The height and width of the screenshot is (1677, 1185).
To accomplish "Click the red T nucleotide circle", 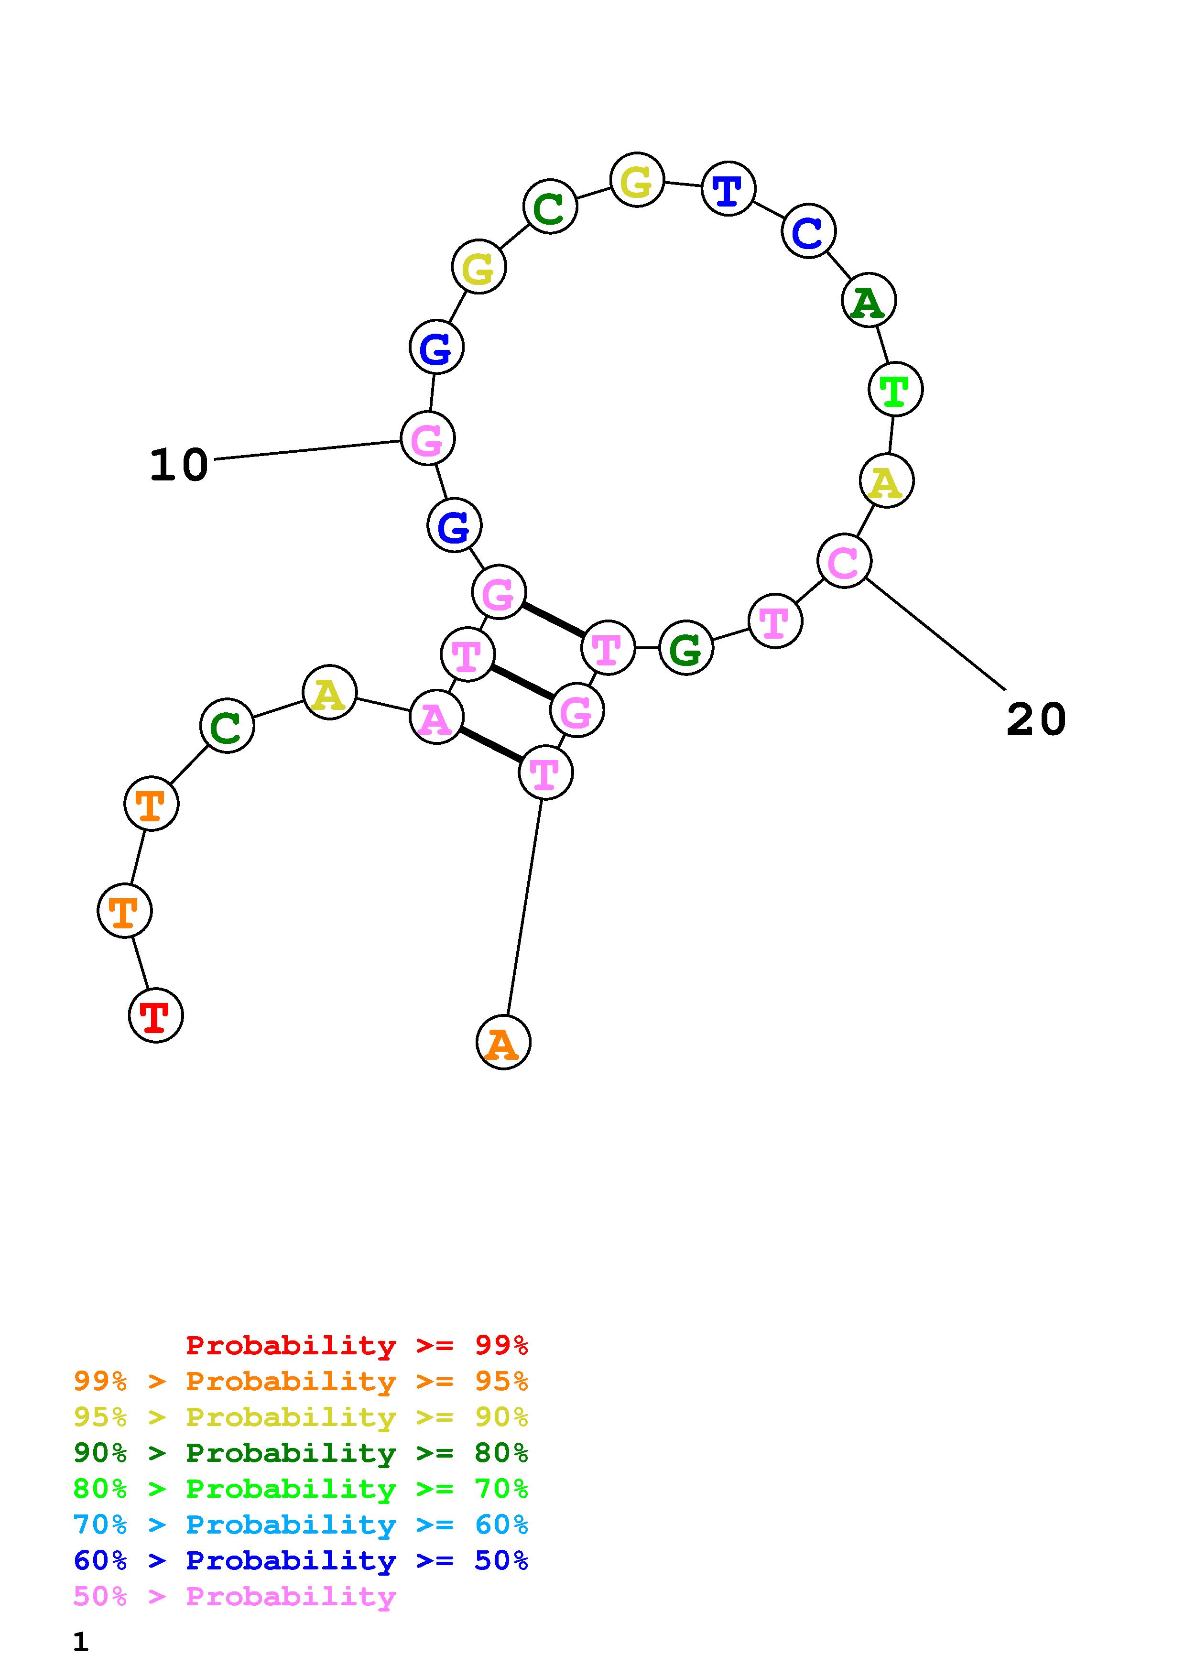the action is coord(155,1015).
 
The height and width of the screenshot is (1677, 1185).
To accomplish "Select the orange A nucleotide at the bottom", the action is coord(503,1042).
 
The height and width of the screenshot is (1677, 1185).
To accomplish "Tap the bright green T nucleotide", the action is coord(895,389).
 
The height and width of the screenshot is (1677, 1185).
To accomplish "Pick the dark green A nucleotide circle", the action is coord(868,300).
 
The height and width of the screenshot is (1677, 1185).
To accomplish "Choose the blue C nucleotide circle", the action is coord(808,231).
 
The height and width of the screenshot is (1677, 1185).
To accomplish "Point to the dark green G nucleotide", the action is coord(685,648).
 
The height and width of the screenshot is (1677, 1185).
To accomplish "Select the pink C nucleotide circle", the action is coord(844,561).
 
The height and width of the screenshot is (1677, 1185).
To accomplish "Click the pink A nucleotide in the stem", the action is coord(436,717).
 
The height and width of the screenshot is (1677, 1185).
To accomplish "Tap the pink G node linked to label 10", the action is coord(428,438).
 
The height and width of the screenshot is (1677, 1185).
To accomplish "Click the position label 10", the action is coord(179,465).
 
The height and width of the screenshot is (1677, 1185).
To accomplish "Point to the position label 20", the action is coord(1035,719).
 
